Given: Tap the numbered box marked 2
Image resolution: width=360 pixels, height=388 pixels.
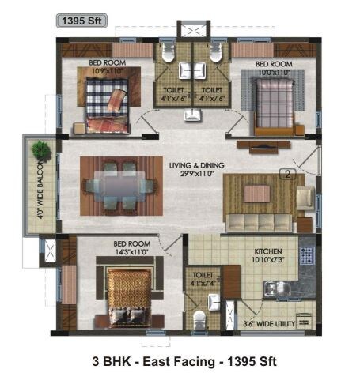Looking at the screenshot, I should (289, 175).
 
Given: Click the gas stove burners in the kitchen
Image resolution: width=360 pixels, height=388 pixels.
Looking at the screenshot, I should (306, 255).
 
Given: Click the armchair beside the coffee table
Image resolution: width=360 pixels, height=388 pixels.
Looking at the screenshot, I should (304, 198).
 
